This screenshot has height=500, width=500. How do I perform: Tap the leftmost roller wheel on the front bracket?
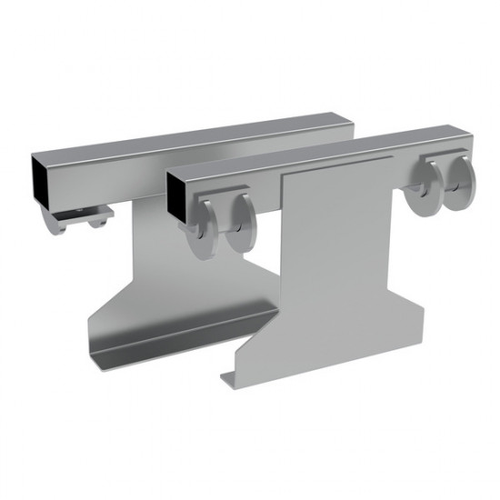[201, 228]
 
